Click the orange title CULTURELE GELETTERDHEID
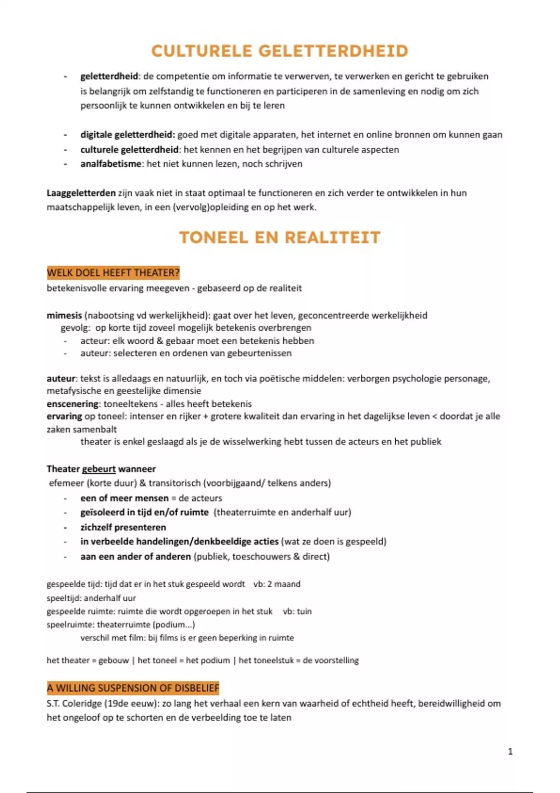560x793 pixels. (280, 51)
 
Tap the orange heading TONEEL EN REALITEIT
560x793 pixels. (280, 237)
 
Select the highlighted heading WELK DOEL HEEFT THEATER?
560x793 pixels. (113, 272)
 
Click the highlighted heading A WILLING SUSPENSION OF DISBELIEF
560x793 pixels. (133, 688)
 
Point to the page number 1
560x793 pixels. (510, 751)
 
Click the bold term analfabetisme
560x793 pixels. (111, 164)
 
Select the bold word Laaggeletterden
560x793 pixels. (81, 193)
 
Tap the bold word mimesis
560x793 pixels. (64, 315)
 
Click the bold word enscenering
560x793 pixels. (72, 404)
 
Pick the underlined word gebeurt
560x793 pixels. (98, 469)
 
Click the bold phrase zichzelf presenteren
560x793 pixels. (123, 527)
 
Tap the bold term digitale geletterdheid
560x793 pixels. (127, 135)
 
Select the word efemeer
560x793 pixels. (66, 483)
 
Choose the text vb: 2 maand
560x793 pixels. (277, 584)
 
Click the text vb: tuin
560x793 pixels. (297, 611)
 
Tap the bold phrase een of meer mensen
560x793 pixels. (124, 498)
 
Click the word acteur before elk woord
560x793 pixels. (94, 341)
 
